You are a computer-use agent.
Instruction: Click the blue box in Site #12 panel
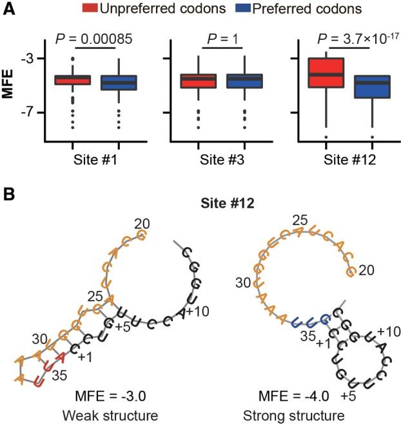point(373,87)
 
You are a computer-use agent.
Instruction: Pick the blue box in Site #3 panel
point(244,81)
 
